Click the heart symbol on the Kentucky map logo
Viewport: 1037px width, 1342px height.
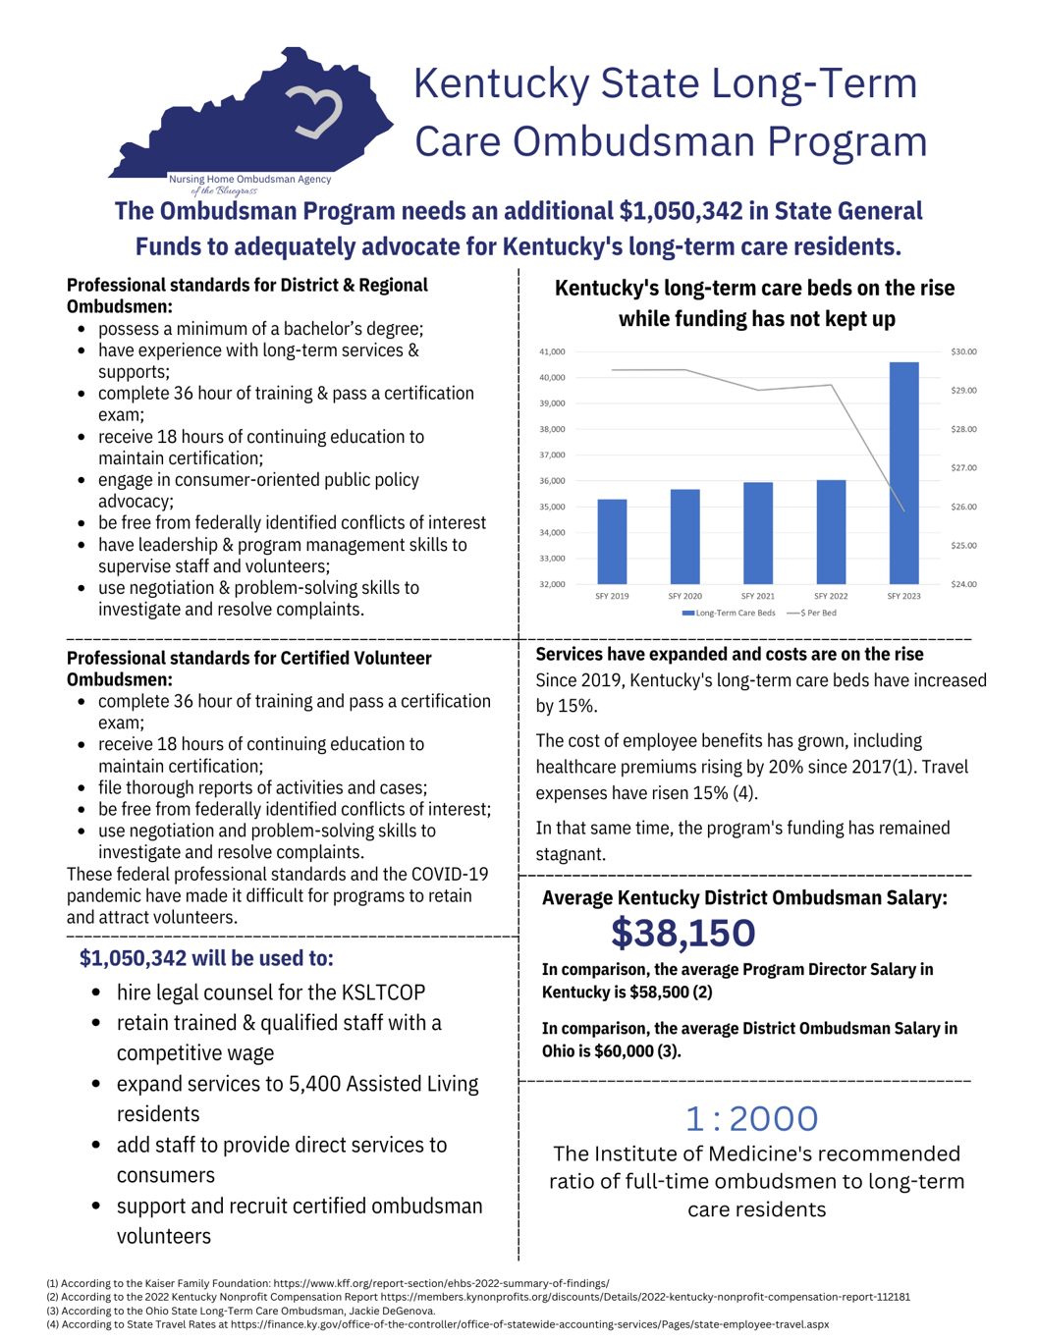(x=314, y=111)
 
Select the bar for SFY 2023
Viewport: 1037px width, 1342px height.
(x=903, y=473)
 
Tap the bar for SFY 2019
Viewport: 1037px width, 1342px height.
(x=612, y=542)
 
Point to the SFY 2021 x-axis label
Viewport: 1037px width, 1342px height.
(x=757, y=596)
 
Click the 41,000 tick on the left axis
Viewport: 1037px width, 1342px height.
(x=552, y=351)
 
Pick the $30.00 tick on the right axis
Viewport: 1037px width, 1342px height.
(x=963, y=351)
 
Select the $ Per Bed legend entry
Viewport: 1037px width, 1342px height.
(x=812, y=613)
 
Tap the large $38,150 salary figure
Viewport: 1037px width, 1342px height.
(x=682, y=933)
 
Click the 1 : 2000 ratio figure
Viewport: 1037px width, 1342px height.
(x=751, y=1118)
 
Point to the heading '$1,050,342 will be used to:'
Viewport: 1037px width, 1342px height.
(x=206, y=958)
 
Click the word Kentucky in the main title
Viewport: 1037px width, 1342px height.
(x=501, y=83)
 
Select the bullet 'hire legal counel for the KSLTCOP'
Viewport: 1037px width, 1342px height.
(x=270, y=993)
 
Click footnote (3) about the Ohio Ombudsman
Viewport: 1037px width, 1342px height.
(x=241, y=1311)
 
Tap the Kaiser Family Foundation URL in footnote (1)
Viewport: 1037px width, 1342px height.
(x=441, y=1283)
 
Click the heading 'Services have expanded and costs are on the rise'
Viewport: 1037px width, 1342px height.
(x=729, y=654)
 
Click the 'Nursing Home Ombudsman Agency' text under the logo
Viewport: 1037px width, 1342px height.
(x=249, y=179)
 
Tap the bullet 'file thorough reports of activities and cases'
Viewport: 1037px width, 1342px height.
(x=262, y=787)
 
